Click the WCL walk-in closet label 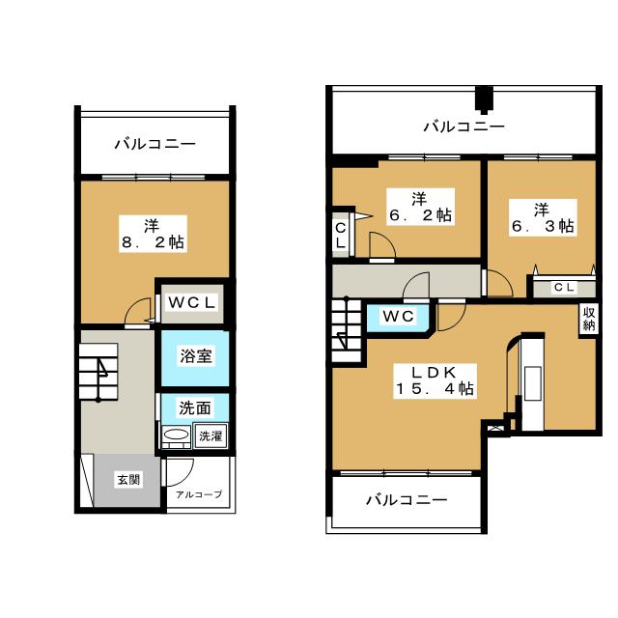(192, 302)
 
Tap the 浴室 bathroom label (196, 355)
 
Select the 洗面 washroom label (195, 407)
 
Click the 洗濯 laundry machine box (211, 435)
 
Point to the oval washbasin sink (176, 435)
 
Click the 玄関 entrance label (128, 480)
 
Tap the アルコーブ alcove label (199, 493)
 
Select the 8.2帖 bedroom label (153, 234)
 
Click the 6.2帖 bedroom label (420, 207)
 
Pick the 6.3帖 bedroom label (543, 217)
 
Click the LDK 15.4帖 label (435, 380)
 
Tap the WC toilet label (398, 316)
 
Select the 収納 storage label (589, 320)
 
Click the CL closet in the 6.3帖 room (564, 288)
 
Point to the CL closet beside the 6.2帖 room (341, 236)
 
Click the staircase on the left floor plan (98, 372)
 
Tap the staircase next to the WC (347, 329)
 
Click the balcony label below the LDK (407, 500)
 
